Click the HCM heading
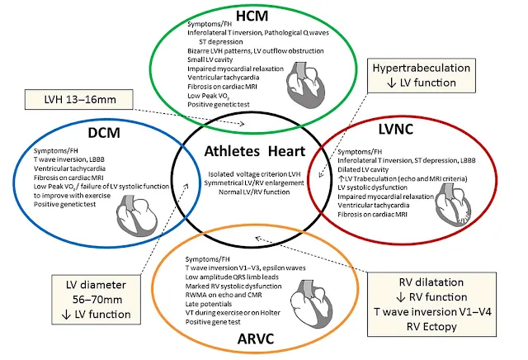pyautogui.click(x=252, y=17)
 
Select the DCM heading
pyautogui.click(x=104, y=133)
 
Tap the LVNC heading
pyautogui.click(x=396, y=130)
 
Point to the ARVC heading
pyautogui.click(x=256, y=339)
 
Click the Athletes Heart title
pyautogui.click(x=255, y=151)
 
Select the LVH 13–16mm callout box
pyautogui.click(x=79, y=99)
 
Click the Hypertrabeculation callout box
pyautogui.click(x=422, y=75)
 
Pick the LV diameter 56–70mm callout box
pyautogui.click(x=96, y=300)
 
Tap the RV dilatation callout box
pyautogui.click(x=431, y=305)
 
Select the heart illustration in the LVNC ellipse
pyautogui.click(x=453, y=206)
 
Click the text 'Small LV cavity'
pyautogui.click(x=210, y=59)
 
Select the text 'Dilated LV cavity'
pyautogui.click(x=363, y=169)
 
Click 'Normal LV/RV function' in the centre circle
pyautogui.click(x=254, y=192)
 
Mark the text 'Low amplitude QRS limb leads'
pyautogui.click(x=232, y=277)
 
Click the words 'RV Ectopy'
pyautogui.click(x=431, y=327)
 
